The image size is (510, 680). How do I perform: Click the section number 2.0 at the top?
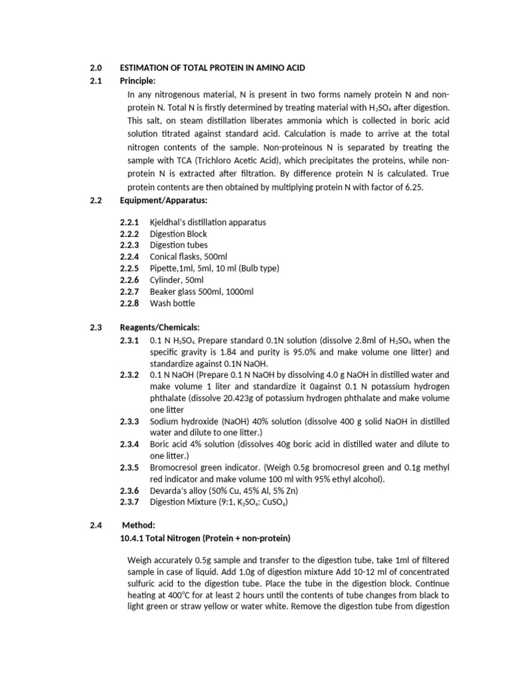[x=96, y=68]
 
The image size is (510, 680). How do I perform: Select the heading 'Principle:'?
[x=137, y=81]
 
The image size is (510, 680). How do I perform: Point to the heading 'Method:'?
[x=137, y=525]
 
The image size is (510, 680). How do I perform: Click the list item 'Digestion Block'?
[x=179, y=234]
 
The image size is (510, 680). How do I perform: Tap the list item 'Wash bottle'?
[x=173, y=303]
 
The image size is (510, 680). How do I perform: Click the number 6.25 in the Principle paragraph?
[x=412, y=187]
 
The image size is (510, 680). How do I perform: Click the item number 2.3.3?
[x=129, y=421]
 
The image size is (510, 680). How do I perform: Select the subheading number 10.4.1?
[x=132, y=537]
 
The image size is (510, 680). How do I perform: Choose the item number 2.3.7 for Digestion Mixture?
[x=129, y=502]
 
